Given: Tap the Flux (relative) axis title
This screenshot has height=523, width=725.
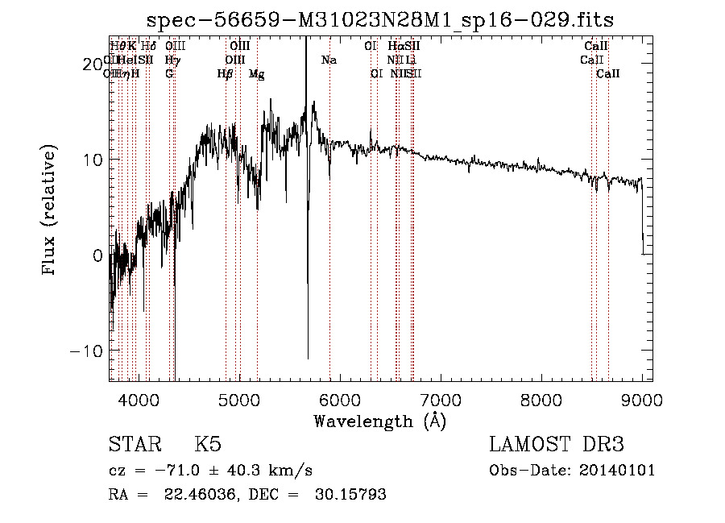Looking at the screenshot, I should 50,211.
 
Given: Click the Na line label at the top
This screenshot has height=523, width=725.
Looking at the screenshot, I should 329,60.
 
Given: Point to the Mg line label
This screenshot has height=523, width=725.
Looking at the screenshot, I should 256,74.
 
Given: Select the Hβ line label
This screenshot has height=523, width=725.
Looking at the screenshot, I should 225,74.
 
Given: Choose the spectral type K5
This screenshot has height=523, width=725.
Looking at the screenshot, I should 208,445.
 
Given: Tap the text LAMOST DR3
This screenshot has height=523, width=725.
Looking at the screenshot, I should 557,445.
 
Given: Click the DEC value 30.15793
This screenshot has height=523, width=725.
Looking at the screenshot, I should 350,495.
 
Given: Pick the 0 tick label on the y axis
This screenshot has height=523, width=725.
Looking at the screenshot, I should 97,255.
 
